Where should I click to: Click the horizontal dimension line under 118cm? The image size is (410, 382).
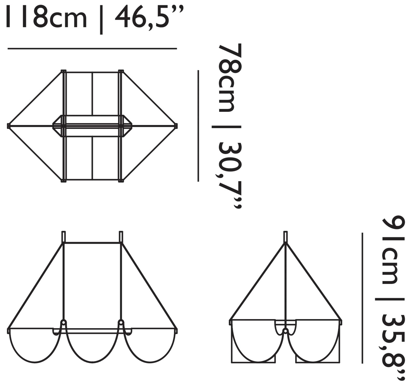(92, 48)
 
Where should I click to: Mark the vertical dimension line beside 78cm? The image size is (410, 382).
(198, 126)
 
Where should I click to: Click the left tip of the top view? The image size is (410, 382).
(9, 126)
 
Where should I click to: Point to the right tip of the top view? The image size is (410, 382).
(176, 126)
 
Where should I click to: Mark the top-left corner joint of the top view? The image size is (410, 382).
(64, 71)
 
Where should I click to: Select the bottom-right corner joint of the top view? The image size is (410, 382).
(121, 181)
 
